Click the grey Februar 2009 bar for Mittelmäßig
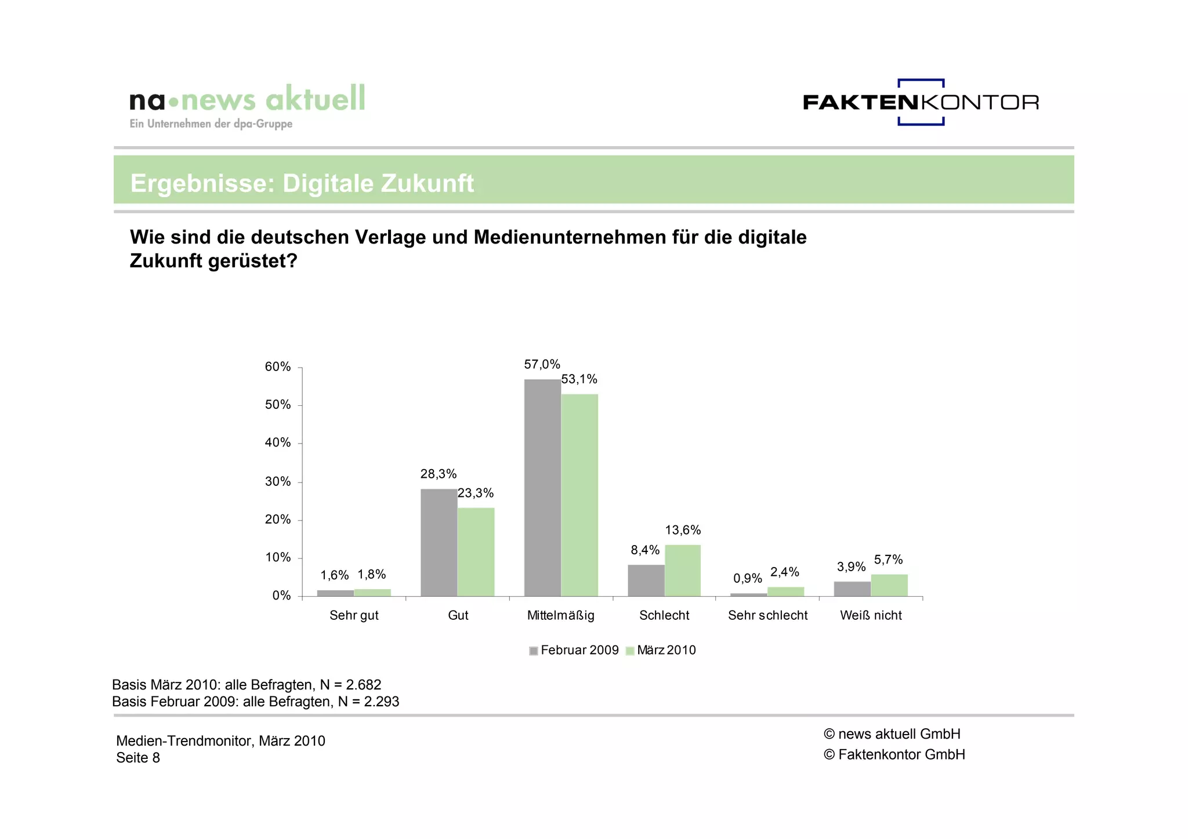click(x=542, y=487)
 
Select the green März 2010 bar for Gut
click(x=476, y=551)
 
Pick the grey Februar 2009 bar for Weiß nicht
click(x=852, y=589)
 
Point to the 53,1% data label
click(x=579, y=379)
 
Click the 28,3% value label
click(x=439, y=474)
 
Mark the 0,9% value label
click(x=747, y=578)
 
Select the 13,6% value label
click(x=683, y=530)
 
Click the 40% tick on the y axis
click(x=278, y=442)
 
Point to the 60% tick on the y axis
click(x=278, y=366)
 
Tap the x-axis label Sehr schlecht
click(x=767, y=615)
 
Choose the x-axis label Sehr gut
click(x=354, y=615)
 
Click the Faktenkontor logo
click(x=921, y=103)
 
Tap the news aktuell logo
click(x=248, y=104)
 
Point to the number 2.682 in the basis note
click(x=363, y=685)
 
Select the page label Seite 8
click(x=138, y=758)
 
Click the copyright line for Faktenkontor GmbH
click(x=894, y=754)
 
